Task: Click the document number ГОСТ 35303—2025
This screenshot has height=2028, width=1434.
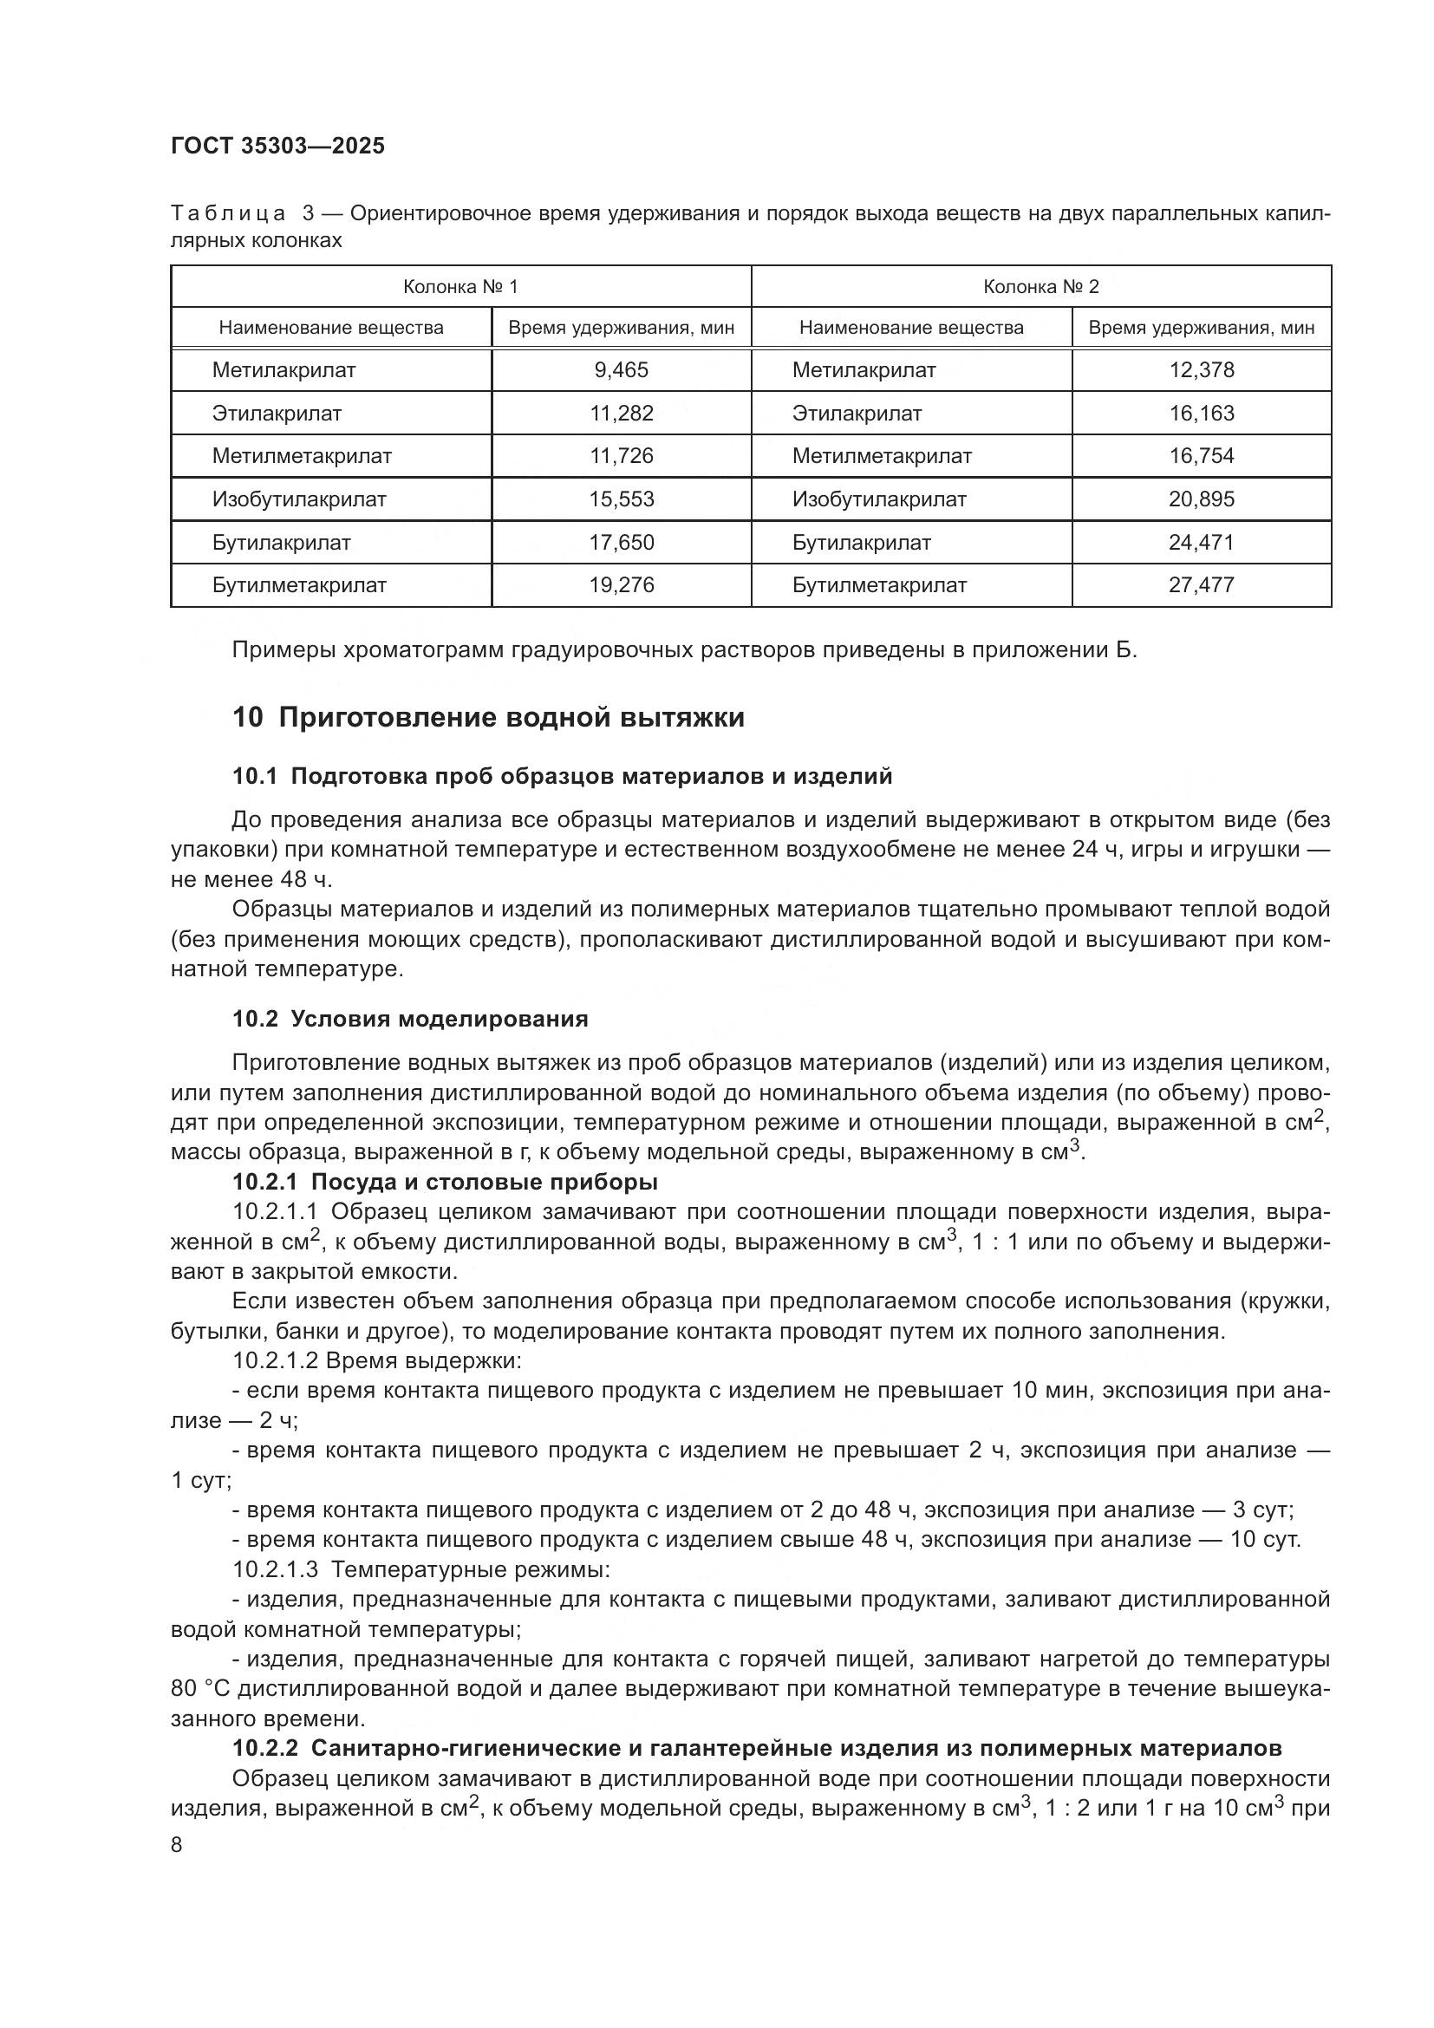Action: [x=277, y=147]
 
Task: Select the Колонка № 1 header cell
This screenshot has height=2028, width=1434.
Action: [x=460, y=287]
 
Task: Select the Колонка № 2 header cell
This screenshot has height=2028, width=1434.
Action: [x=1041, y=287]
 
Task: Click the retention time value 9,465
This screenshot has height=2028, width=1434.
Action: [x=621, y=370]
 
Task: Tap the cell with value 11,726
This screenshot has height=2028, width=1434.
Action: [x=621, y=457]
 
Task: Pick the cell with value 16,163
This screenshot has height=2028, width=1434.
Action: [x=1201, y=414]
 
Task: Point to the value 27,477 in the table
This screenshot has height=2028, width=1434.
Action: [x=1201, y=585]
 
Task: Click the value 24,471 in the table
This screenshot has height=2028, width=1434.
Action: [x=1201, y=542]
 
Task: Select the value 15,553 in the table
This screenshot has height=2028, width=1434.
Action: [x=621, y=500]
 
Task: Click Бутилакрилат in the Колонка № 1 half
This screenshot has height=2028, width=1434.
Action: [x=281, y=542]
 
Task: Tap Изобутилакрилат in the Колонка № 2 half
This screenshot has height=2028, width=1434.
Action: [x=878, y=500]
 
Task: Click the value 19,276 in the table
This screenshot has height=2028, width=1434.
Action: [x=621, y=585]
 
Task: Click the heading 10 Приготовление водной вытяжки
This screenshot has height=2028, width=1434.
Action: [x=488, y=718]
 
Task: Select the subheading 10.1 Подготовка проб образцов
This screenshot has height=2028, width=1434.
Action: [x=562, y=776]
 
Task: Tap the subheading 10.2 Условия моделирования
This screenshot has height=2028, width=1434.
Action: [x=410, y=1019]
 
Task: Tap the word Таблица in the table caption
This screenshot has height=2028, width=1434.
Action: [x=227, y=214]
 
